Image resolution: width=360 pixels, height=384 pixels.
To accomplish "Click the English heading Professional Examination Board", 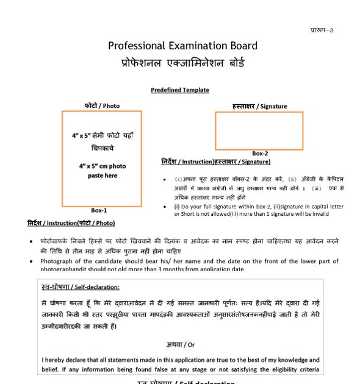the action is [182, 46].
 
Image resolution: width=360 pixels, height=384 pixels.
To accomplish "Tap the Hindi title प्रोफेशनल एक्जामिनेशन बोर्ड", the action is [182, 63].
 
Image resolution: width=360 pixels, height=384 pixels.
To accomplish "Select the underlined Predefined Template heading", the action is [180, 90].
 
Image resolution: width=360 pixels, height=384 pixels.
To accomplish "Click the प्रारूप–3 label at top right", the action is [322, 30].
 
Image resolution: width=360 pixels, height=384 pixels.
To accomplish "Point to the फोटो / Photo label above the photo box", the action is [102, 105].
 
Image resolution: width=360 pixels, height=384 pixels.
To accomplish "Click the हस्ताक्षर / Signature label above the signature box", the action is [259, 106].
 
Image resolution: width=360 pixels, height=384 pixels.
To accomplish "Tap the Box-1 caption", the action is [99, 210].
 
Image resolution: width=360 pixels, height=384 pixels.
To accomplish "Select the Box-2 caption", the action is [260, 154].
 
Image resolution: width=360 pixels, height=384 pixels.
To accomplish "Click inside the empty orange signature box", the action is [259, 131].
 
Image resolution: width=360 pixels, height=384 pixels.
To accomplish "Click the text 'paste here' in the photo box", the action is [102, 176].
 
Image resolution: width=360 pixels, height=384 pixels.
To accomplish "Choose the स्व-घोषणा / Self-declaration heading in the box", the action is [81, 287].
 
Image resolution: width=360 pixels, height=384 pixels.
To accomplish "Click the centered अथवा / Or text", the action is [181, 345].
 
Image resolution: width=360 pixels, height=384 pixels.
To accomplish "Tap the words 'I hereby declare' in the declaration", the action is [66, 360].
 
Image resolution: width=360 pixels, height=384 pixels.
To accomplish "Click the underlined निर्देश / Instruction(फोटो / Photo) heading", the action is [71, 223].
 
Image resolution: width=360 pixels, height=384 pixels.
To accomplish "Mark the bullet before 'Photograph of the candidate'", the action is [31, 261].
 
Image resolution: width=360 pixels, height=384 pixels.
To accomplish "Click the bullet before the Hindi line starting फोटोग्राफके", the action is [31, 242].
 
